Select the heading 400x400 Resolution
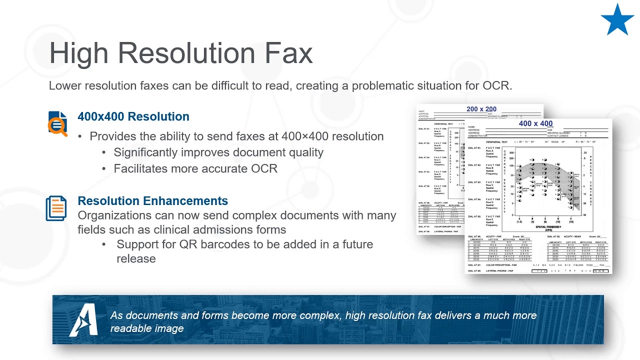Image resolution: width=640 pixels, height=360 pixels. pyautogui.click(x=133, y=116)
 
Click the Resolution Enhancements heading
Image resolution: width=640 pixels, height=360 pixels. pyautogui.click(x=152, y=201)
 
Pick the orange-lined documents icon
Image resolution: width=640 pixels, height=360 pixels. pyautogui.click(x=56, y=208)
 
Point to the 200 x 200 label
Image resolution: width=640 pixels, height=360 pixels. pyautogui.click(x=481, y=109)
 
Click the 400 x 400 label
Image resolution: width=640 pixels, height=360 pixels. pyautogui.click(x=535, y=123)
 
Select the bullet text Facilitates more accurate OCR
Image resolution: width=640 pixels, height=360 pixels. pyautogui.click(x=195, y=168)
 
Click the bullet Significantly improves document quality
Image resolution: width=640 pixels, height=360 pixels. pyautogui.click(x=218, y=152)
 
